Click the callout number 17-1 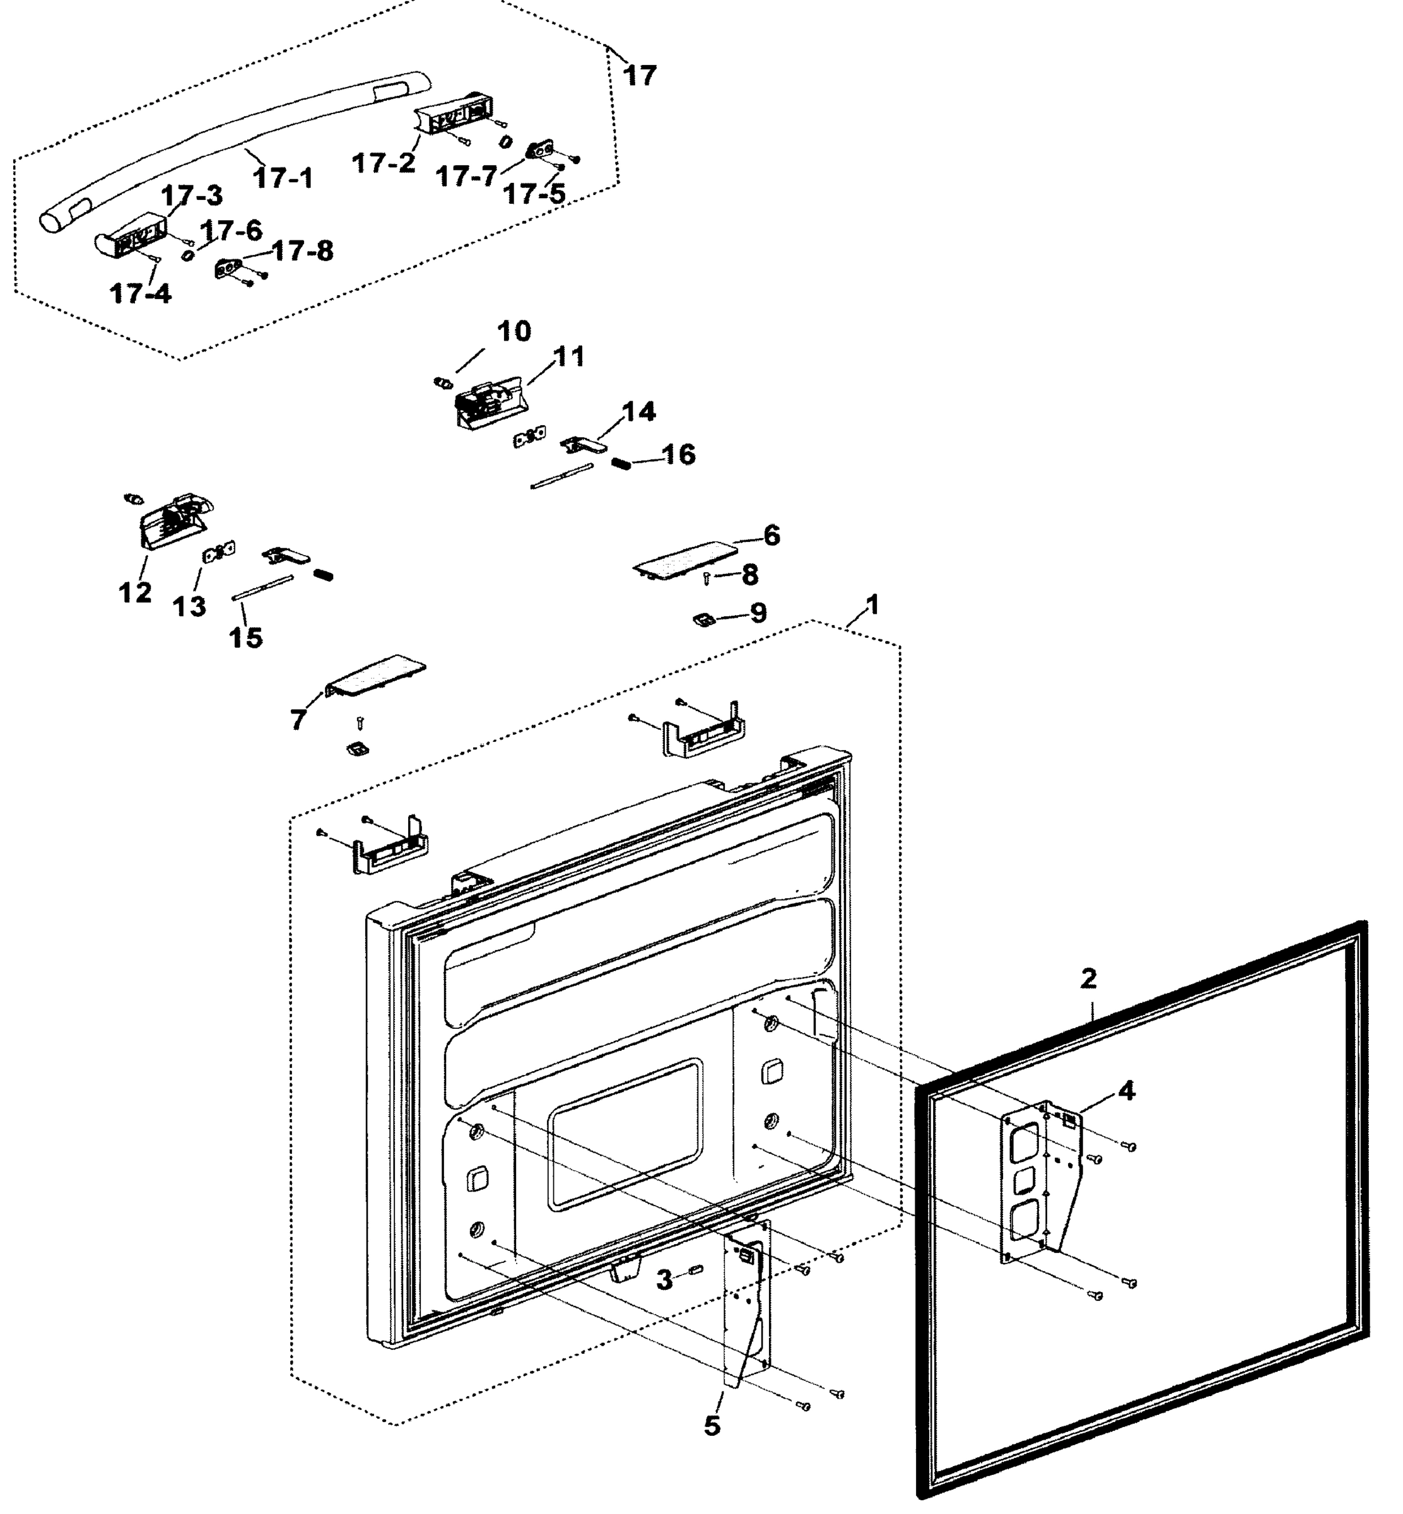(283, 179)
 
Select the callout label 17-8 (302, 250)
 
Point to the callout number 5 (712, 1426)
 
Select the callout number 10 (514, 331)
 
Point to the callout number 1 (872, 605)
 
